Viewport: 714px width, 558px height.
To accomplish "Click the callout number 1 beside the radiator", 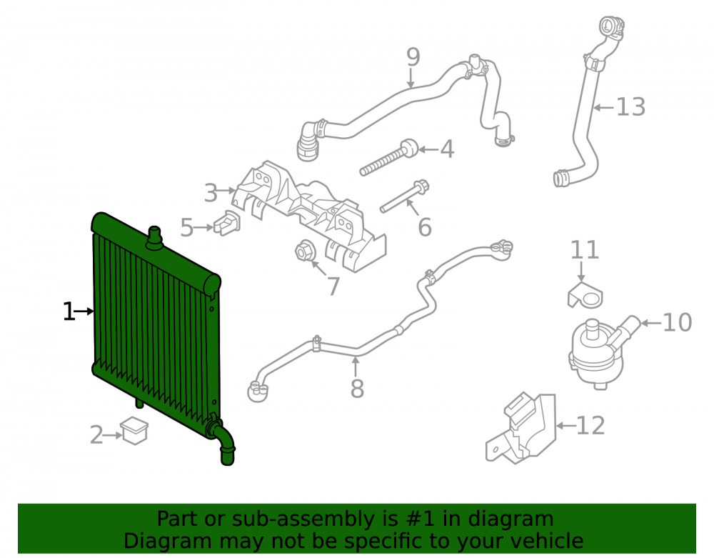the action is pyautogui.click(x=69, y=312).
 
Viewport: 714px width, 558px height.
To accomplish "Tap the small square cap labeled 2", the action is pyautogui.click(x=134, y=430).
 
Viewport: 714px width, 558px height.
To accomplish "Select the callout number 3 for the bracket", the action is pyautogui.click(x=211, y=193).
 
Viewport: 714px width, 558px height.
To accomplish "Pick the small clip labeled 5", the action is pyautogui.click(x=227, y=223).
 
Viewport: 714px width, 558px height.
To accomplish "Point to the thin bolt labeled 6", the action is pyautogui.click(x=404, y=196).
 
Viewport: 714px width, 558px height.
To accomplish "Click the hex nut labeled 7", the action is pyautogui.click(x=304, y=251).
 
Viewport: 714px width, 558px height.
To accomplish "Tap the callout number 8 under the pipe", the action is pyautogui.click(x=357, y=389).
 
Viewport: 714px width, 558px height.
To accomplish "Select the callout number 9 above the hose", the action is pyautogui.click(x=413, y=57).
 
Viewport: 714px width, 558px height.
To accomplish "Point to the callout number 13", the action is pyautogui.click(x=630, y=107).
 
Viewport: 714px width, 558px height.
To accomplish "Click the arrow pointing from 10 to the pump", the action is pyautogui.click(x=650, y=323).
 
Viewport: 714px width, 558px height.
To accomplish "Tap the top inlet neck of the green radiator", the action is pyautogui.click(x=154, y=238).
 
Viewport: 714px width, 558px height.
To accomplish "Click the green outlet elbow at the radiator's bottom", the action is pyautogui.click(x=223, y=441).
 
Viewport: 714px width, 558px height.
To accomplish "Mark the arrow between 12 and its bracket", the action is pyautogui.click(x=565, y=426).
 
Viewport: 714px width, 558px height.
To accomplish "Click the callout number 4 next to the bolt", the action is pyautogui.click(x=447, y=149).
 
